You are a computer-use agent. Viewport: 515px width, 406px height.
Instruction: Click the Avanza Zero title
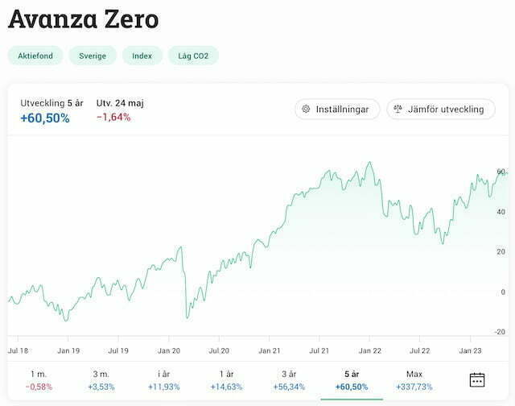click(x=84, y=19)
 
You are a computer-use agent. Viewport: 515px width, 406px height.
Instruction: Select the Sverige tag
click(x=92, y=56)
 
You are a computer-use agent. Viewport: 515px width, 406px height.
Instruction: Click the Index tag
click(x=142, y=56)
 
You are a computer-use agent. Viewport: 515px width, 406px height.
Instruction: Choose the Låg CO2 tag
click(x=193, y=56)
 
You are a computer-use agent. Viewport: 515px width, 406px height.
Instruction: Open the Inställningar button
click(x=337, y=109)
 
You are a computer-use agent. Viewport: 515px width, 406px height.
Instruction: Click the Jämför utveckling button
click(x=441, y=109)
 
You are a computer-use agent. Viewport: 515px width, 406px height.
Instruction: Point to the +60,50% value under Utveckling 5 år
click(x=45, y=118)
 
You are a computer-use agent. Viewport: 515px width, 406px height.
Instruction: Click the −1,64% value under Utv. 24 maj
click(x=113, y=118)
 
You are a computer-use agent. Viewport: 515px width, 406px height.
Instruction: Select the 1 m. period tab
click(x=39, y=380)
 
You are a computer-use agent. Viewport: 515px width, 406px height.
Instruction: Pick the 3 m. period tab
click(x=101, y=380)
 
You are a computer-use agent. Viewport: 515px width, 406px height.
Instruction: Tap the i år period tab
click(x=164, y=380)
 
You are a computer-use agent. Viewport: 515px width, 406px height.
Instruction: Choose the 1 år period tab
click(x=226, y=380)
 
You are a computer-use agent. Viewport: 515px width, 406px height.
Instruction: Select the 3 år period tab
click(x=289, y=380)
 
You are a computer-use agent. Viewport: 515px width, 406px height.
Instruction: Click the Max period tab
click(x=414, y=380)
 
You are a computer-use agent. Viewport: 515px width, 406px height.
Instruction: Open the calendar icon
click(x=477, y=380)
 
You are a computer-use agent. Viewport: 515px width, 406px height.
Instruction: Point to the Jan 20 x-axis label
click(x=169, y=351)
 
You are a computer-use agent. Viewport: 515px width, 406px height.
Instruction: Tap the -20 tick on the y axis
click(x=500, y=332)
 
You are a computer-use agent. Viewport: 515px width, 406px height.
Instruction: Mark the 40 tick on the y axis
click(x=501, y=212)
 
